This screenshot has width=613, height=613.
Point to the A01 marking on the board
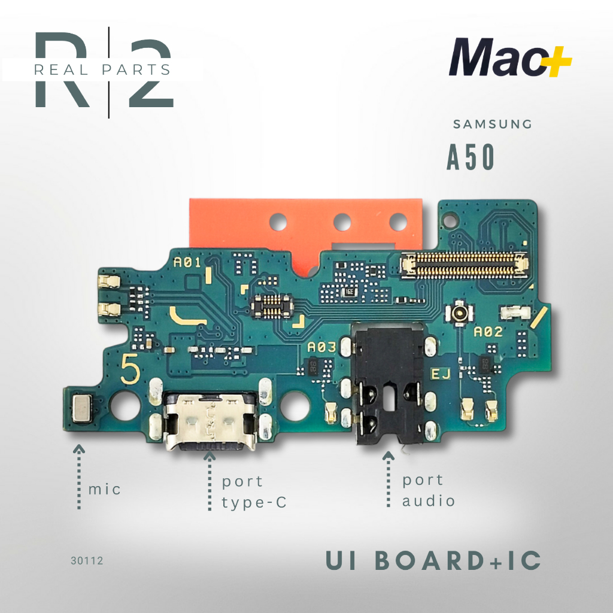(187, 262)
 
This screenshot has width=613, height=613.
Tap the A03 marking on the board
(321, 347)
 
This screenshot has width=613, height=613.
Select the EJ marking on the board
(441, 375)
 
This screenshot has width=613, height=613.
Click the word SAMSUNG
(492, 125)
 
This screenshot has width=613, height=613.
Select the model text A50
(471, 157)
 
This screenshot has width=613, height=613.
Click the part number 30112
(87, 561)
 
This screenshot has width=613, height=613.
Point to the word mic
(104, 489)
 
